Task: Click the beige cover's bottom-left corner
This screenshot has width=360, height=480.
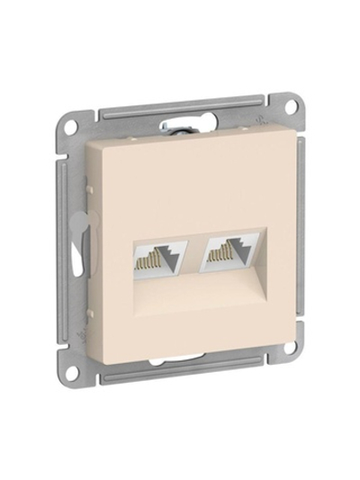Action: click(x=102, y=352)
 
